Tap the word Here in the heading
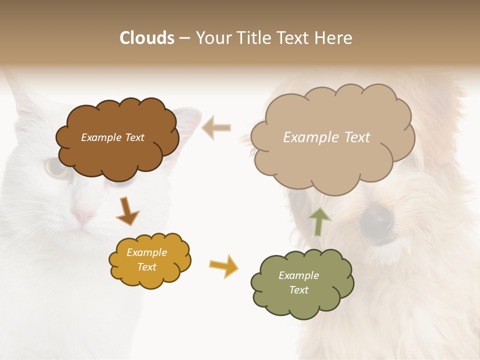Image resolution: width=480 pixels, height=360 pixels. (334, 38)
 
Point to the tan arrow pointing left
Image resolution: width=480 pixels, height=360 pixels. (216, 127)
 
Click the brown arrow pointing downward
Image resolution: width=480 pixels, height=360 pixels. (127, 210)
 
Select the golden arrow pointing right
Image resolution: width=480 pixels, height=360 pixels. (223, 265)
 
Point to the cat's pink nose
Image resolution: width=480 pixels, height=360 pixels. (83, 216)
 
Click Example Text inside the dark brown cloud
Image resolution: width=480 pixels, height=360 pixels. (112, 137)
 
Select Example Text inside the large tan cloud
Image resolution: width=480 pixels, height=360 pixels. (326, 137)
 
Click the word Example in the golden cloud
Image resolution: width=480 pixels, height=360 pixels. (146, 253)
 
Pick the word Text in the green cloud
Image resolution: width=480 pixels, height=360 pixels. (298, 290)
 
